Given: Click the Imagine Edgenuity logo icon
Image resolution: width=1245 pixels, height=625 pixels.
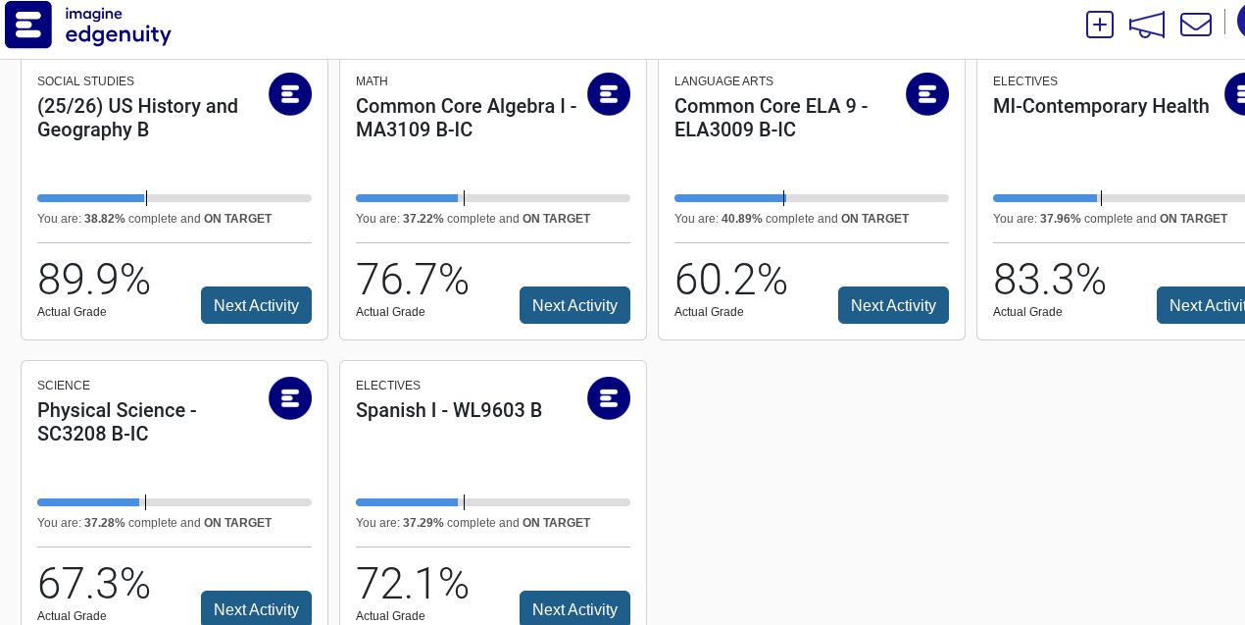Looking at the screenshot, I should pos(28,25).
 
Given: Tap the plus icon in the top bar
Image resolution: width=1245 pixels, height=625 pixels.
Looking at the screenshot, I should pos(1100,25).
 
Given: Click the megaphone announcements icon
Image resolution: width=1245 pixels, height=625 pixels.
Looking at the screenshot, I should pos(1146,25).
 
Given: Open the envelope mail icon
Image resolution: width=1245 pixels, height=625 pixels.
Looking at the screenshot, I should pos(1195,25).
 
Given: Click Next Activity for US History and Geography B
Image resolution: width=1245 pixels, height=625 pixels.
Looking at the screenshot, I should pos(256,305).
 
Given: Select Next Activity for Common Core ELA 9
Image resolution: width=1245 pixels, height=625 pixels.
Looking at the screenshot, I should pos(893,305).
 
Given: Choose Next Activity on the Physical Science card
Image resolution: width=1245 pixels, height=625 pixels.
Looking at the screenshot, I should pos(256,609).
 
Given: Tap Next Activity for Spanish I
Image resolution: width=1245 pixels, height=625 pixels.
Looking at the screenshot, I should pos(574,609).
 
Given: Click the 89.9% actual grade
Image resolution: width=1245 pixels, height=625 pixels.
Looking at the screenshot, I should pos(94,280).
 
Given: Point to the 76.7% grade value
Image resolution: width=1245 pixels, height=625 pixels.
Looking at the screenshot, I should pos(413,280).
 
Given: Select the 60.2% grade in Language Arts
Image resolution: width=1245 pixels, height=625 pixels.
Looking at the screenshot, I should pos(731,280).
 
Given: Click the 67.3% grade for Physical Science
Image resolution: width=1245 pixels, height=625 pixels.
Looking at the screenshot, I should pos(94,584).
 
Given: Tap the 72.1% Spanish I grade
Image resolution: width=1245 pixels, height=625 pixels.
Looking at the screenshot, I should pos(413,584).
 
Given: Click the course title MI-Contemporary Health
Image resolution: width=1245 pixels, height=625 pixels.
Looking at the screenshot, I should pos(1101,106).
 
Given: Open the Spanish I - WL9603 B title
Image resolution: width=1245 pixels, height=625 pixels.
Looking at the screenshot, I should pos(449,410).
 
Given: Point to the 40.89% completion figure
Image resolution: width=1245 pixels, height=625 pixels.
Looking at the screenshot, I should pos(742,219).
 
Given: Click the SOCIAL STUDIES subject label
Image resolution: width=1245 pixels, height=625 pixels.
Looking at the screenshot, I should pos(85,81).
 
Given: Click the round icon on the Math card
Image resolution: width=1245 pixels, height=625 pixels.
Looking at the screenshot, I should pos(609,94).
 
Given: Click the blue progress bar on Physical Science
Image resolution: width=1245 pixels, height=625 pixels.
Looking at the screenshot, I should pos(88,502).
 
